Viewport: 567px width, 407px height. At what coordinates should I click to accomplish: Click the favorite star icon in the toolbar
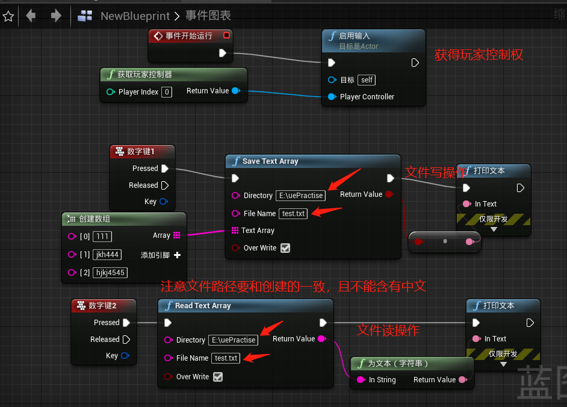pyautogui.click(x=8, y=16)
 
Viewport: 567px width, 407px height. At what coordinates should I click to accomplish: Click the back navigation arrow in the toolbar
pyautogui.click(x=31, y=16)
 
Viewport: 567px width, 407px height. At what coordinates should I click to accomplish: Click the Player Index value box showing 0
pyautogui.click(x=167, y=92)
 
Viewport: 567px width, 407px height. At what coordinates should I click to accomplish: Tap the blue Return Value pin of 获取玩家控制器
pyautogui.click(x=235, y=91)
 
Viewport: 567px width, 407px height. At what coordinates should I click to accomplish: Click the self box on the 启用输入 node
pyautogui.click(x=367, y=80)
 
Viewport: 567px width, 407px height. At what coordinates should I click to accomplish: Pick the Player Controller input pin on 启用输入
pyautogui.click(x=332, y=97)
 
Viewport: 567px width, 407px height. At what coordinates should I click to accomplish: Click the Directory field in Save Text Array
pyautogui.click(x=301, y=196)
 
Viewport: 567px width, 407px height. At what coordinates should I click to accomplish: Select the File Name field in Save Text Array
pyautogui.click(x=294, y=214)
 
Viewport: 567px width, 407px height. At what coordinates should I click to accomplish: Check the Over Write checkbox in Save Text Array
pyautogui.click(x=285, y=248)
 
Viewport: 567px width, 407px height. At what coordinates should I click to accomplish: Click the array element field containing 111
pyautogui.click(x=103, y=237)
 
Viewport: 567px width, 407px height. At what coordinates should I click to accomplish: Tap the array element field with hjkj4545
pyautogui.click(x=111, y=273)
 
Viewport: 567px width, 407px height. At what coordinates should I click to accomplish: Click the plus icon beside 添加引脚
pyautogui.click(x=177, y=255)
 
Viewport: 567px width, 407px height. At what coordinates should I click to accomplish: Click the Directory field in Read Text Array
pyautogui.click(x=234, y=340)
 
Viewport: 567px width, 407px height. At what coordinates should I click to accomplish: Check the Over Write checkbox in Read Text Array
pyautogui.click(x=218, y=377)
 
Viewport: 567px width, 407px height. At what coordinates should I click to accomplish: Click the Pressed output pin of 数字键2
pyautogui.click(x=126, y=323)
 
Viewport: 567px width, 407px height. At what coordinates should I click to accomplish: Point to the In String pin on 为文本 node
pyautogui.click(x=361, y=380)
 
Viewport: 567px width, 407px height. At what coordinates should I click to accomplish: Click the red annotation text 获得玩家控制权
pyautogui.click(x=479, y=55)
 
